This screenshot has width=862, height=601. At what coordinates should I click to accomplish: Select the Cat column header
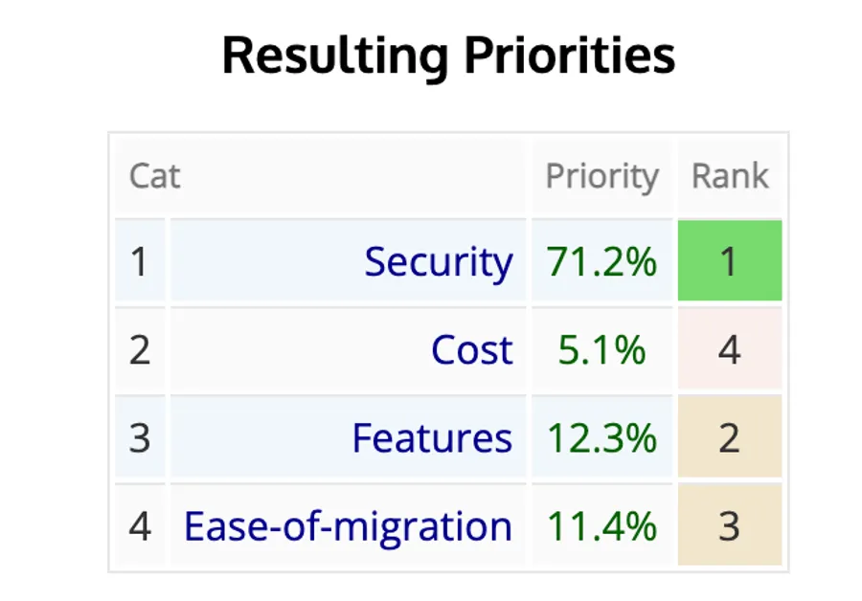coord(154,177)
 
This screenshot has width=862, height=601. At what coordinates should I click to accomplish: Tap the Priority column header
coord(601,177)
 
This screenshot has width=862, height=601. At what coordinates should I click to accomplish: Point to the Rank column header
coord(730,177)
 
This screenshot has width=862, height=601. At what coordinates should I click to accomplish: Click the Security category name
coord(438,261)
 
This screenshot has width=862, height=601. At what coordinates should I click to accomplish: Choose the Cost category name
coord(471,350)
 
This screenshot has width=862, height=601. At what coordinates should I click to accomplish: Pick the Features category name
coord(432,438)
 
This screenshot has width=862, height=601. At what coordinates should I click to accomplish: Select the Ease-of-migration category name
coord(348,526)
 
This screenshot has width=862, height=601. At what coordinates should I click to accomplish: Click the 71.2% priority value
coord(601,261)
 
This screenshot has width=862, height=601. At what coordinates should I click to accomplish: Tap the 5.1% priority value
coord(601,350)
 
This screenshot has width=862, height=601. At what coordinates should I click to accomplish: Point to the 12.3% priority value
coord(601,438)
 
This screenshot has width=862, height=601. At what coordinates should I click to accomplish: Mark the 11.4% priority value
coord(601,526)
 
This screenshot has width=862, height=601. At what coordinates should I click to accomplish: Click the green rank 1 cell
coord(730,261)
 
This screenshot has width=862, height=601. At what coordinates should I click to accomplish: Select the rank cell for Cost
coord(730,350)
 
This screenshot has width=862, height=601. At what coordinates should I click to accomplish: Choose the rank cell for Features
coord(730,438)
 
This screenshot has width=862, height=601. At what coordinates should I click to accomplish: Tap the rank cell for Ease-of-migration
coord(730,526)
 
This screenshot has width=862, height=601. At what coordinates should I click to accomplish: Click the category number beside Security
coord(140,261)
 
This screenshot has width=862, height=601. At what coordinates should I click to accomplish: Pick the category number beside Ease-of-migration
coord(140,526)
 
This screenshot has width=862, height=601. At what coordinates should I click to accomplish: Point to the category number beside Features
coord(140,438)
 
